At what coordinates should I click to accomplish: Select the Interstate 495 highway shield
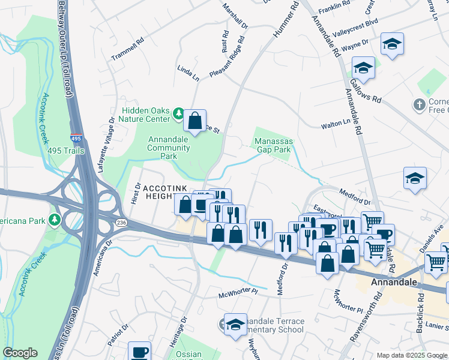coord(77,139)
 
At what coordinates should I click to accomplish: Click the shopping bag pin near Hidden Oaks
coord(194,121)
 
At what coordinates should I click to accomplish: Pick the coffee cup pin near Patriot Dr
coord(140,352)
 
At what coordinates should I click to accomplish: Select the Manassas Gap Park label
coord(273,145)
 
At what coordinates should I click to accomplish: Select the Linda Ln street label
coord(188,74)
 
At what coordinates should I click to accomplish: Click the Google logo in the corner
coord(20,353)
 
